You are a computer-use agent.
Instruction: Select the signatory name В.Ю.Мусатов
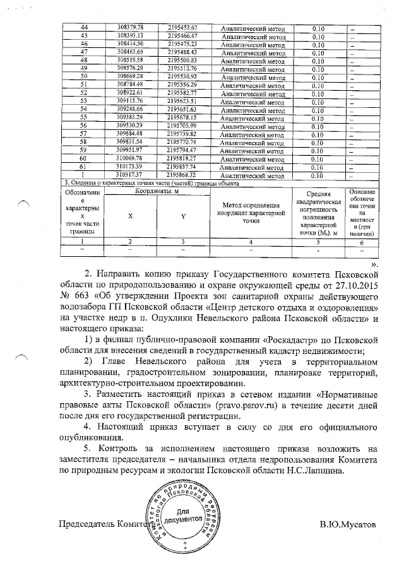point(347,525)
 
